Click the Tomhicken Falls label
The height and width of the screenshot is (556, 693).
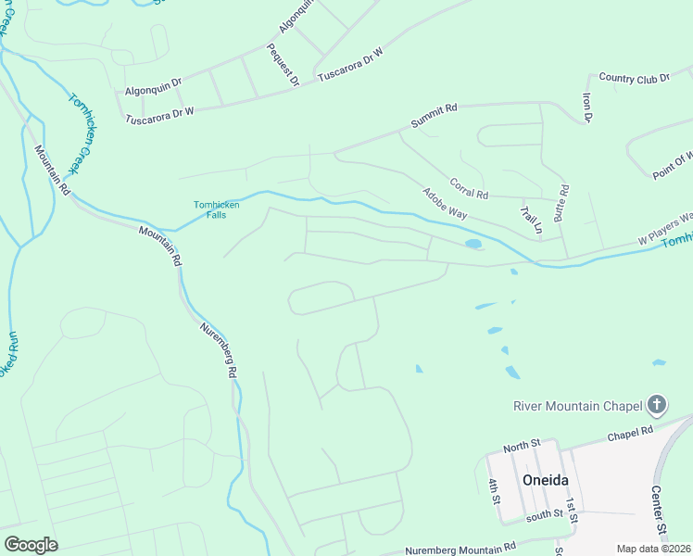(216, 209)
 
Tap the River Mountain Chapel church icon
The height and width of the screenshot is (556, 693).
(657, 405)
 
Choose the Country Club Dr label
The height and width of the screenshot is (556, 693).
(634, 79)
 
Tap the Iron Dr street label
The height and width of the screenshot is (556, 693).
(586, 107)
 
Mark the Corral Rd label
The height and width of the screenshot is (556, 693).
(468, 188)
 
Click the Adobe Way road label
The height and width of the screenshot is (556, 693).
(444, 203)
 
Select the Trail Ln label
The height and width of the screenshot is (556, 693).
(530, 220)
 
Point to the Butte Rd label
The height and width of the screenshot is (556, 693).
(561, 201)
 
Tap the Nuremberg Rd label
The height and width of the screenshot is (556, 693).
(220, 348)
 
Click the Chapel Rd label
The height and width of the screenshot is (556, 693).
(630, 433)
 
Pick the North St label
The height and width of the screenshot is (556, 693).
(521, 447)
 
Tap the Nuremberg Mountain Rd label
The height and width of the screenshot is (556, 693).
(460, 550)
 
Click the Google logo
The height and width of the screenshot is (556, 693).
(31, 544)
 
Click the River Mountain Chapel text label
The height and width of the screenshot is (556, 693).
(578, 406)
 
